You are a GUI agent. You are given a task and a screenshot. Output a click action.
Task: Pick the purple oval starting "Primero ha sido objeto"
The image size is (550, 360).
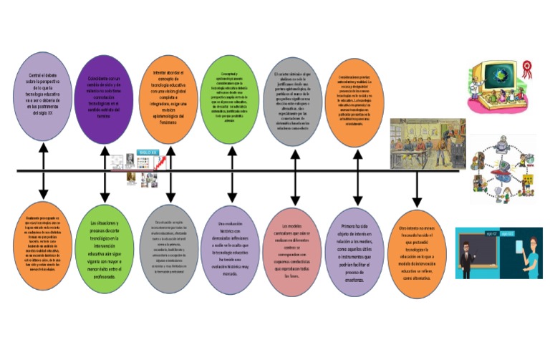coord(356,250)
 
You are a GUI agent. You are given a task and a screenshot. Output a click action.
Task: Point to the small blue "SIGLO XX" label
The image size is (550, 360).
coord(148,152)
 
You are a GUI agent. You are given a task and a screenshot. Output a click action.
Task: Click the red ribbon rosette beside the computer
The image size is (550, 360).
coord(529,69)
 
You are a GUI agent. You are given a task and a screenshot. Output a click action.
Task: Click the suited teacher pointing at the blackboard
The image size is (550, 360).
coord(465,258)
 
